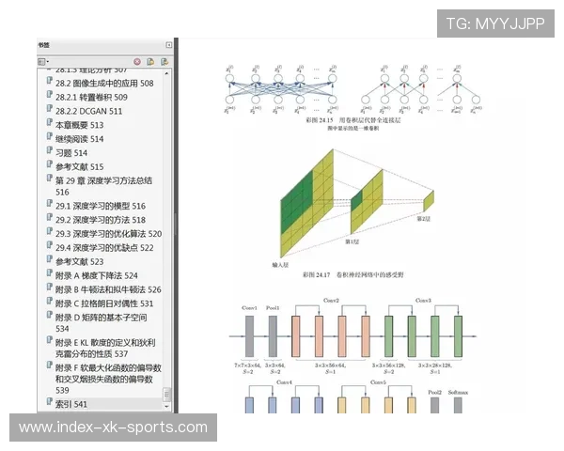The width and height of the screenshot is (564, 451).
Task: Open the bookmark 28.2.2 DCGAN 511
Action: [x=88, y=111]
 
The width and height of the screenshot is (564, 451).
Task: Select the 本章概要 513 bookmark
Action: [x=79, y=125]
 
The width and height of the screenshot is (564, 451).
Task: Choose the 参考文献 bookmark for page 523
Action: [x=79, y=261]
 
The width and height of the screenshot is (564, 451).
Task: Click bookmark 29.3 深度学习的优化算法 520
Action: [x=108, y=233]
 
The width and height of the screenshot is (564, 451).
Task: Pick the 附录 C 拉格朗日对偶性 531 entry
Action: [x=103, y=303]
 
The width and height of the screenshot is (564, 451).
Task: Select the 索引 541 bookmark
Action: [x=70, y=404]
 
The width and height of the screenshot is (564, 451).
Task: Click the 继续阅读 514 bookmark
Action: [x=79, y=139]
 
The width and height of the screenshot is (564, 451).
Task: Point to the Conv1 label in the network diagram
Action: [x=249, y=308]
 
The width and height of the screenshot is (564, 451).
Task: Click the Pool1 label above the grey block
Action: [x=273, y=308]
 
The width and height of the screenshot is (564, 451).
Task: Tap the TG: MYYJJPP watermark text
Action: [x=494, y=23]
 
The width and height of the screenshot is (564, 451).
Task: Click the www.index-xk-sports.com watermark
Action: [x=113, y=428]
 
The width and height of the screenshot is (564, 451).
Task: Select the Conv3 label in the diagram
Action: [x=423, y=301]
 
